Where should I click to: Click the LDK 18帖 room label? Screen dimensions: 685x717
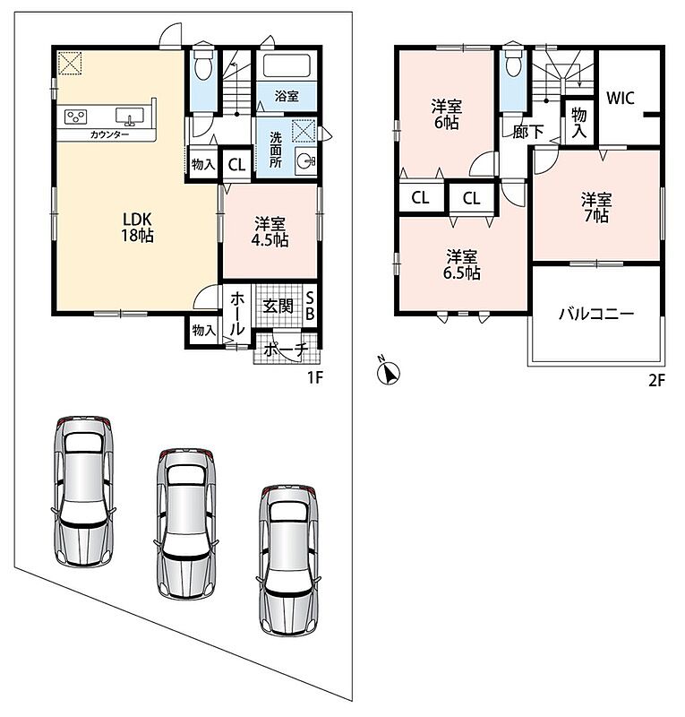tap(137, 228)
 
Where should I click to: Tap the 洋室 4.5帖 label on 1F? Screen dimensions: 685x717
tap(270, 232)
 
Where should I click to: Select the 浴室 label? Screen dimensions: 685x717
tap(287, 96)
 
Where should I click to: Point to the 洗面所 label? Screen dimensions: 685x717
tap(275, 150)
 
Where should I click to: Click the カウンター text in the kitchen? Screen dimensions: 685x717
tap(109, 134)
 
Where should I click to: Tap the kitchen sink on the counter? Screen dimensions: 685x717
tap(130, 117)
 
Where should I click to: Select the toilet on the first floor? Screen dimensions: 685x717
tap(203, 65)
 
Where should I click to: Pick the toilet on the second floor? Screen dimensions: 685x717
tap(513, 61)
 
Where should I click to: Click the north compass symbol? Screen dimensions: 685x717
tap(388, 372)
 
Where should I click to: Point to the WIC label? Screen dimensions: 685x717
tap(621, 98)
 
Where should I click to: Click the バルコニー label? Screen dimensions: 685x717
tap(596, 315)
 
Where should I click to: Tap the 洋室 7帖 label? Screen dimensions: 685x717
tap(595, 208)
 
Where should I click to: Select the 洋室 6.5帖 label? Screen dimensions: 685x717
tap(461, 264)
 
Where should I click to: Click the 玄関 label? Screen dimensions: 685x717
tap(278, 306)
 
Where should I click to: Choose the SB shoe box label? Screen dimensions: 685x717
tap(310, 306)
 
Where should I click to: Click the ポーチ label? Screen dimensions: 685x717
tap(286, 350)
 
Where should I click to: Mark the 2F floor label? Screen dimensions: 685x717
tap(656, 380)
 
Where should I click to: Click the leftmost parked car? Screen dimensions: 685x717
tap(83, 491)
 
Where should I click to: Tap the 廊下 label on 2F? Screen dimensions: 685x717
tap(527, 132)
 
